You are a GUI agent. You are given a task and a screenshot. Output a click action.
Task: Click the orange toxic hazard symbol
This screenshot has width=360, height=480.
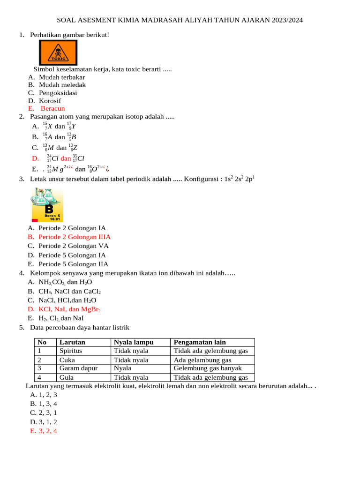[x=58, y=52]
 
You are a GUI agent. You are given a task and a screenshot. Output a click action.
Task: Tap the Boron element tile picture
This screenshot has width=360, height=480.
[x=47, y=205]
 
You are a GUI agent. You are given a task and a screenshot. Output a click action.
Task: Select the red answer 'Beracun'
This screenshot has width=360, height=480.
[x=52, y=108]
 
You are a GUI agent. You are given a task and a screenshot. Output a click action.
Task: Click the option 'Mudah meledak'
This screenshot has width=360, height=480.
[x=62, y=85]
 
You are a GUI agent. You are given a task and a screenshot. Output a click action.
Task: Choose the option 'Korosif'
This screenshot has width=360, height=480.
[x=50, y=101]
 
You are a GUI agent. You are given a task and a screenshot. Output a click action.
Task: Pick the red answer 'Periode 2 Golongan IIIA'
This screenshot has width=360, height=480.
[x=75, y=237]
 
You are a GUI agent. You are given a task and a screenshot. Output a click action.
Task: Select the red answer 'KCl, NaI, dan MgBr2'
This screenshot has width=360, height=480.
[x=69, y=309]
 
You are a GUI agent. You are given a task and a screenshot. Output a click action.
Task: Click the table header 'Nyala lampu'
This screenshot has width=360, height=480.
[x=134, y=342]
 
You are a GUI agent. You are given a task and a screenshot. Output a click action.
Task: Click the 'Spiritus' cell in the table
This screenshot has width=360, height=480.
[x=71, y=351]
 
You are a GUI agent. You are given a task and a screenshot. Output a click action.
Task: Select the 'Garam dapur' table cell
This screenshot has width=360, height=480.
[x=78, y=368]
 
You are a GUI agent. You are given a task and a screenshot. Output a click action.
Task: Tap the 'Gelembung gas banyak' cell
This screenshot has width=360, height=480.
[x=208, y=368]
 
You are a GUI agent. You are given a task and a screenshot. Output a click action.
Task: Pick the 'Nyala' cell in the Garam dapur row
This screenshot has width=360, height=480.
[x=123, y=368]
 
